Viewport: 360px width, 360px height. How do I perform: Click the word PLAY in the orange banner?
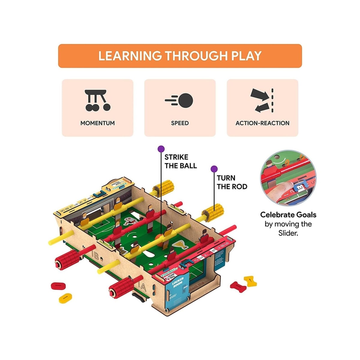coord(247,56)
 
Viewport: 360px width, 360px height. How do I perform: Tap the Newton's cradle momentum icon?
coord(97,100)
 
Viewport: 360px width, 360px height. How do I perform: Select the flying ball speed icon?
coord(179,100)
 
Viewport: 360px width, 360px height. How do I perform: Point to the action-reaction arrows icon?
coord(262,100)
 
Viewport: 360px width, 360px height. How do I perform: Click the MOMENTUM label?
coord(97,123)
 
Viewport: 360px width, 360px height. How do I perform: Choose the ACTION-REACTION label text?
coord(262,123)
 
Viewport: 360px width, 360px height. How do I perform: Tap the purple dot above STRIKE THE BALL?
coord(161,148)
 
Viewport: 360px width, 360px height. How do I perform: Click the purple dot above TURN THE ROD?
coord(214,169)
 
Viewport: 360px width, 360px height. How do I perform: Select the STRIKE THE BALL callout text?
coord(181,161)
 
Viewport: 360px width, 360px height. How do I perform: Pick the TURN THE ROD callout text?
coord(232,182)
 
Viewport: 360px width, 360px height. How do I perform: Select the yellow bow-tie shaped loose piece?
coord(250,281)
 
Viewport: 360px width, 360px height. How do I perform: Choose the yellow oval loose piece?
coord(65,298)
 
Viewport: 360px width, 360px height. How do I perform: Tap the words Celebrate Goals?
coord(288,215)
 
